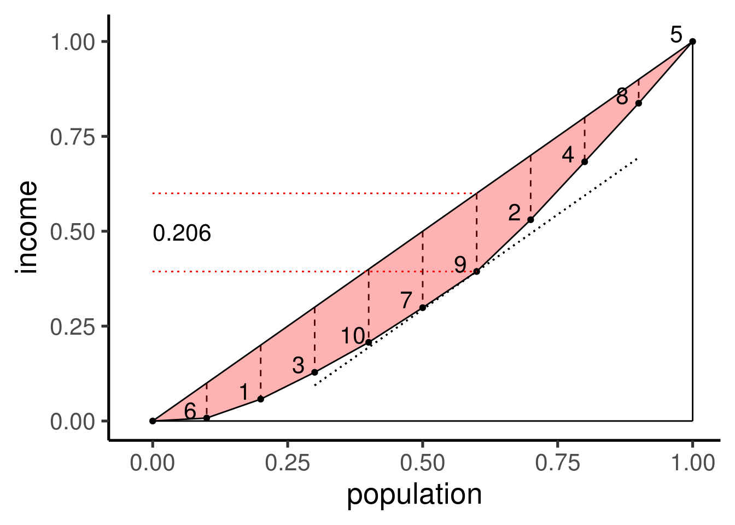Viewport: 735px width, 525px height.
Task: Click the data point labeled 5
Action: (x=692, y=41)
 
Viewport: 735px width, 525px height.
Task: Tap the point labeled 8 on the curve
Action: (x=638, y=103)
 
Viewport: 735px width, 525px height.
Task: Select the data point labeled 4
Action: (x=585, y=162)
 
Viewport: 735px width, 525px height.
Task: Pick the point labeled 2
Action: (x=530, y=220)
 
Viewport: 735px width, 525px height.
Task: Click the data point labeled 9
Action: (x=476, y=271)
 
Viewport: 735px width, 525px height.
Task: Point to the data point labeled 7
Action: (x=423, y=307)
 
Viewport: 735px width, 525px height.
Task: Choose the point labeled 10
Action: (x=369, y=342)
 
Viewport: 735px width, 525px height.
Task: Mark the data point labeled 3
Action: (x=314, y=372)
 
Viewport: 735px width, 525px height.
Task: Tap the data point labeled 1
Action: (x=261, y=399)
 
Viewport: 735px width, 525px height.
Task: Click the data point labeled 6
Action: (x=207, y=418)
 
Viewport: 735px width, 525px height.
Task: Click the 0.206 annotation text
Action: (x=182, y=234)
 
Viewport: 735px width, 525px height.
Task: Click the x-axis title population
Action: (x=414, y=495)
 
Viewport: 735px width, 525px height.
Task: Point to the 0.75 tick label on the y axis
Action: (x=72, y=137)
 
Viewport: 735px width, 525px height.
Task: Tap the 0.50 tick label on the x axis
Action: (x=423, y=463)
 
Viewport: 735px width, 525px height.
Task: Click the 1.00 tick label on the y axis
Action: (x=72, y=42)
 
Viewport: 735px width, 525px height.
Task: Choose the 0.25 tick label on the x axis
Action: (x=288, y=463)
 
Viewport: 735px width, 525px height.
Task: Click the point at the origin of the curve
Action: (x=153, y=421)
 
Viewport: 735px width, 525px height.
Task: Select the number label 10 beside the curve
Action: (x=353, y=336)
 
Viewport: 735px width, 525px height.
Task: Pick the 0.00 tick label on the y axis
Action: (x=72, y=422)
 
